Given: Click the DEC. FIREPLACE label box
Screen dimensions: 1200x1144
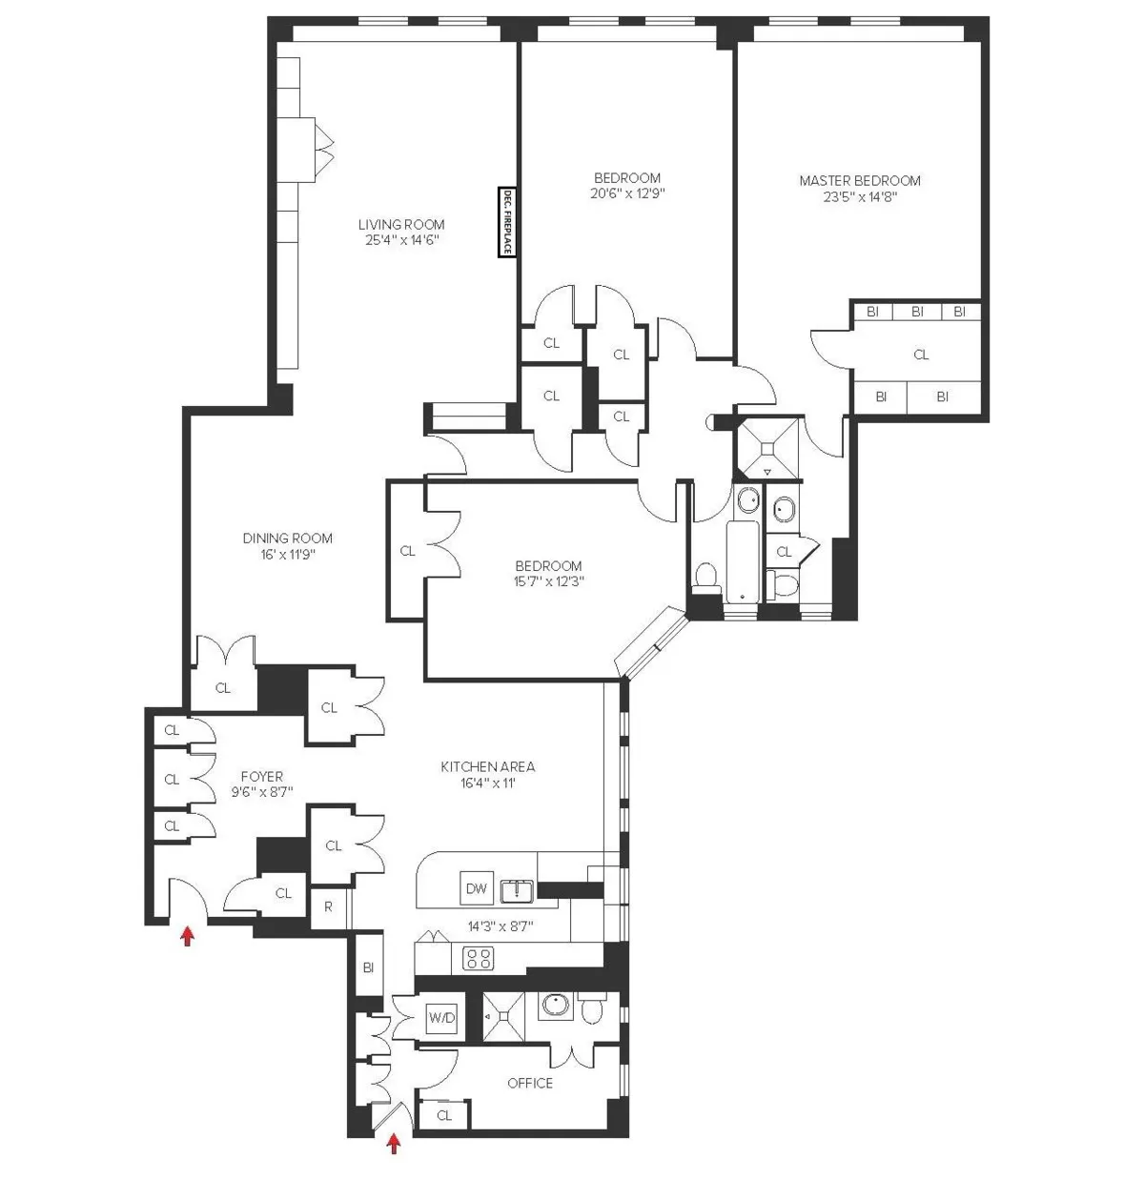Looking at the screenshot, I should click(507, 223).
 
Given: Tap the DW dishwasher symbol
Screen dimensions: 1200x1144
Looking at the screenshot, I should click(477, 888).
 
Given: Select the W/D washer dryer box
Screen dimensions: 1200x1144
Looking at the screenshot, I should click(441, 1018).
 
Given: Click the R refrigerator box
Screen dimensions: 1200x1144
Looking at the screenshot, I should click(329, 907).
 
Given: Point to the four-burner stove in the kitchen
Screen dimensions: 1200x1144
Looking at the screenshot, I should click(478, 958).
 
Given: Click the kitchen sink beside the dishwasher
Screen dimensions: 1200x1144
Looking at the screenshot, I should click(516, 890).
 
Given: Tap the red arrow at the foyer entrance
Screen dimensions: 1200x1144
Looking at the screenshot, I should click(188, 936).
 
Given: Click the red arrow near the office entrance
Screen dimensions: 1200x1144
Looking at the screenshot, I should click(393, 1143).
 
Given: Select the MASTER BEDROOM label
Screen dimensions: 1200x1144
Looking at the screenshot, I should click(859, 180).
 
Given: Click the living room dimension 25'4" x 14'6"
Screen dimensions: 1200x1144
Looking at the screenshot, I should click(401, 240).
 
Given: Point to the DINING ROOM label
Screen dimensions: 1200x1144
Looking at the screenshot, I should click(287, 538).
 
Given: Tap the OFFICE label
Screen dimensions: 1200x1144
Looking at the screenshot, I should click(530, 1083).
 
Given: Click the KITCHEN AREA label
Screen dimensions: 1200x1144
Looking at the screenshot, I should click(487, 766).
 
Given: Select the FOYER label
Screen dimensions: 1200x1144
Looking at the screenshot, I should click(261, 777).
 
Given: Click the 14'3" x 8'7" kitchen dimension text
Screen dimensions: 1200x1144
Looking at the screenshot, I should click(500, 925).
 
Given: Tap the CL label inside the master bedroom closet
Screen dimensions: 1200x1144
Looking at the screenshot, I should click(921, 355).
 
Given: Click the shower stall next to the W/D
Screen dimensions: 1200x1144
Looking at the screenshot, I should click(502, 1017).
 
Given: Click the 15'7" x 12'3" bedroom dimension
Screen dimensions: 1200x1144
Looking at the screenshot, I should click(548, 580).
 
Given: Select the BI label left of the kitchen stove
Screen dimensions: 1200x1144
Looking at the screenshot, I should click(368, 966).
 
